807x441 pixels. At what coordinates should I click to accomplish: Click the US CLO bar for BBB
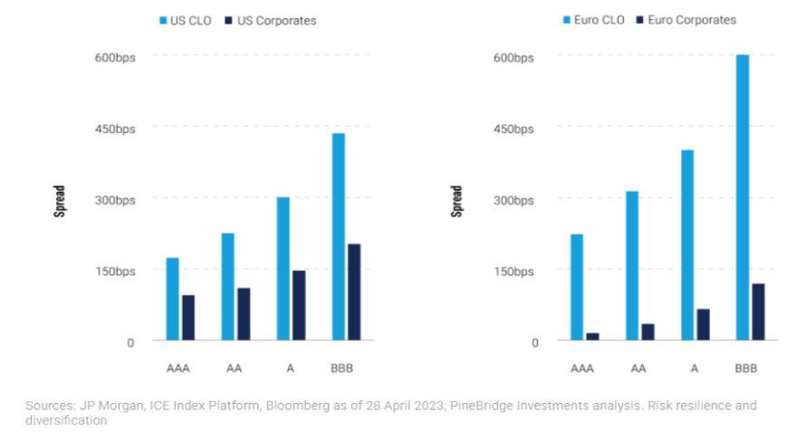pos(339,237)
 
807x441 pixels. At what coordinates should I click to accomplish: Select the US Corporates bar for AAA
pos(188,318)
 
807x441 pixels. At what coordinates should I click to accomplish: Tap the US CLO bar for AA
pos(228,287)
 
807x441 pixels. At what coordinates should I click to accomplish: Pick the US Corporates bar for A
pos(299,305)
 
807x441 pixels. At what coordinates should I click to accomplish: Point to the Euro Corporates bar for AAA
pos(592,337)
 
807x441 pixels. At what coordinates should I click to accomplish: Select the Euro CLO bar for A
pos(687,245)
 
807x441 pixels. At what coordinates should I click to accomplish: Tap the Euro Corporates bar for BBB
pos(758,312)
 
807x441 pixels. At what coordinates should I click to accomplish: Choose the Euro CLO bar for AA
pos(632,266)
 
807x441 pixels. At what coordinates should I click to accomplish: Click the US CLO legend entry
pos(186,21)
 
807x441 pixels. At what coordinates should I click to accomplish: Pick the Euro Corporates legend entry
pos(686,20)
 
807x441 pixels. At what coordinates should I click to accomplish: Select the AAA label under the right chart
pos(582,369)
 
